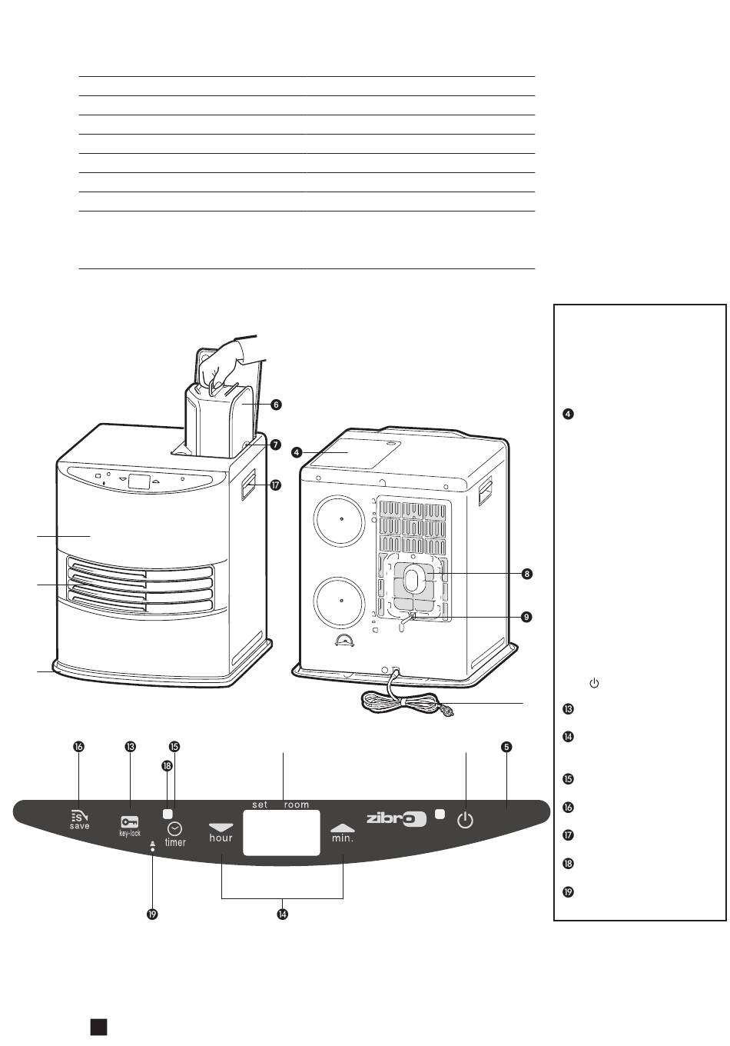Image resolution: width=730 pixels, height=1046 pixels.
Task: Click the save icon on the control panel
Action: (x=79, y=816)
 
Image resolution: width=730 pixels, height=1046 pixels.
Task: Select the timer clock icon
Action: (x=175, y=829)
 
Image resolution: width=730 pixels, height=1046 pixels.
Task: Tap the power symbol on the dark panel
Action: (x=465, y=821)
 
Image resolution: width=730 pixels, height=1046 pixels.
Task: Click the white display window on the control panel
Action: (x=281, y=833)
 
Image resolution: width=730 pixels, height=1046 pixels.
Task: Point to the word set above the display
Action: (x=260, y=804)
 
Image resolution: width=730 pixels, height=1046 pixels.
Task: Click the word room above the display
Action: (x=296, y=804)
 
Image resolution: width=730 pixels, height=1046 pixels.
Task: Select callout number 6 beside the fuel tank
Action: (x=276, y=405)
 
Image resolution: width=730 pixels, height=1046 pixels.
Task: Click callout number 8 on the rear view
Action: (x=526, y=574)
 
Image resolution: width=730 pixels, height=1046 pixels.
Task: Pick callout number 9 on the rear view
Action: (x=526, y=617)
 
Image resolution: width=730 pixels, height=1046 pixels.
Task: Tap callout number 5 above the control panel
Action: (x=506, y=747)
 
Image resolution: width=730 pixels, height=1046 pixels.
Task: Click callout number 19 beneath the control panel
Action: (x=152, y=914)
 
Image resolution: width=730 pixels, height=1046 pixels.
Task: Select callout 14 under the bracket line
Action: (x=282, y=914)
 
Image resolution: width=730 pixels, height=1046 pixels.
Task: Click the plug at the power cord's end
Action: (x=446, y=711)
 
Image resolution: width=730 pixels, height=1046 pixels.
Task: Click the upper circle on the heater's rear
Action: (x=339, y=520)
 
